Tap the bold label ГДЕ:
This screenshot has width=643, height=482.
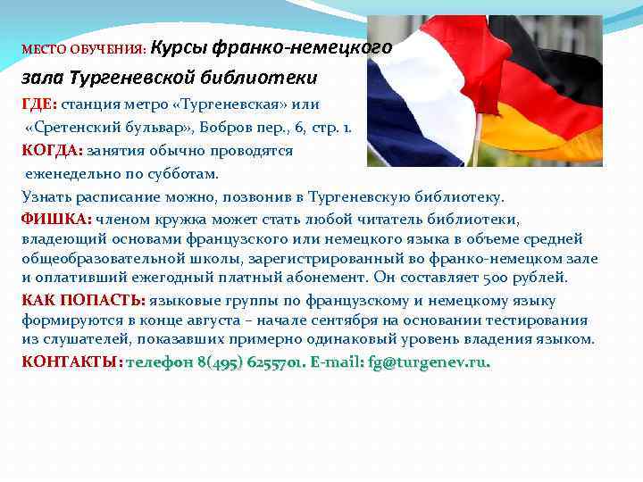tap(39, 104)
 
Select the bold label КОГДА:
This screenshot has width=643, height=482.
tap(53, 150)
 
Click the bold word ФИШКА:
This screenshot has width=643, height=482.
tap(56, 219)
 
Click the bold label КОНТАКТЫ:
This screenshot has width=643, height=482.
tap(72, 362)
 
